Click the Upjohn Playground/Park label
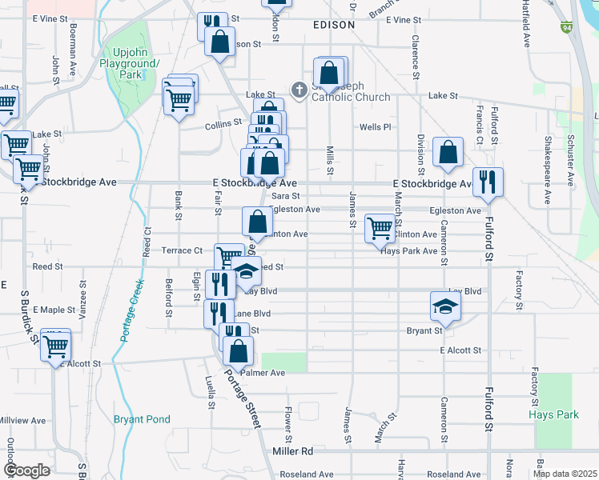(131, 63)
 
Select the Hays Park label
(553, 415)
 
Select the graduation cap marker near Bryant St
(446, 306)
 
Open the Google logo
(26, 470)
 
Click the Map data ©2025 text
(565, 474)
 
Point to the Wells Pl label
(375, 127)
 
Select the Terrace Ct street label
(181, 250)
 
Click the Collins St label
(223, 124)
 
